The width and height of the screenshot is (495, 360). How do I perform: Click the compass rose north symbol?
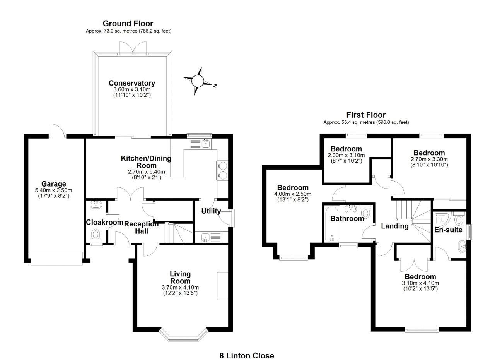[198, 81]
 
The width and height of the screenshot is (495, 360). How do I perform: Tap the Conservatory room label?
[131, 83]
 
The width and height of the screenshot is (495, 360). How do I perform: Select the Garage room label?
[54, 184]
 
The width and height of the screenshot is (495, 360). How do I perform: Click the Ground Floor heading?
[128, 24]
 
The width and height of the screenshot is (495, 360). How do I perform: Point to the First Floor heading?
[366, 115]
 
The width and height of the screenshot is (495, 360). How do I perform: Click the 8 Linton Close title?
[247, 355]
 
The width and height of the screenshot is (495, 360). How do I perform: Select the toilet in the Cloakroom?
[95, 235]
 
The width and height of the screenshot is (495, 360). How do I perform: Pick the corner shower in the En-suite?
[441, 220]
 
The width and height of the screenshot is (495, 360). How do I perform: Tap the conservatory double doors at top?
[133, 48]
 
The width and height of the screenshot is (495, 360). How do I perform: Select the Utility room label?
[211, 211]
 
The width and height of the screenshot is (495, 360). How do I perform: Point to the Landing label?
[394, 226]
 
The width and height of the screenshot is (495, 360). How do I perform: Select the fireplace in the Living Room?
[222, 286]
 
